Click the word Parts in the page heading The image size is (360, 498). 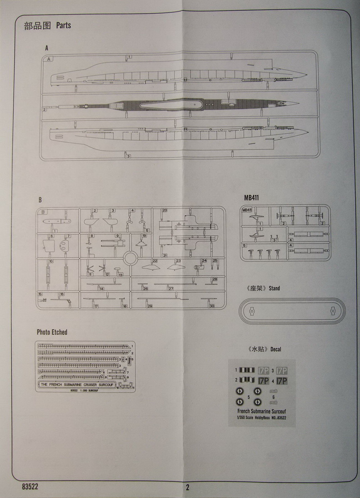pyautogui.click(x=64, y=26)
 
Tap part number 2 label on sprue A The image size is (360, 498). pyautogui.click(x=44, y=110)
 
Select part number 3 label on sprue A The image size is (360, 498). pyautogui.click(x=129, y=156)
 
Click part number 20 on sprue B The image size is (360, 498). pyautogui.click(x=164, y=210)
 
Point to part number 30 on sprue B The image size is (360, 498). pyautogui.click(x=212, y=306)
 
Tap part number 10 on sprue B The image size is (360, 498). pyautogui.click(x=51, y=261)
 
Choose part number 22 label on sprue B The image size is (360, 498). pyautogui.click(x=154, y=261)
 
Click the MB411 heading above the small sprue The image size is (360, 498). pyautogui.click(x=251, y=198)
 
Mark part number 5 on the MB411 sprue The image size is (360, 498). pyautogui.click(x=245, y=245)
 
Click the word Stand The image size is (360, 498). pyautogui.click(x=274, y=288)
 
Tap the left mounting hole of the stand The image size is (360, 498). pyautogui.click(x=252, y=310)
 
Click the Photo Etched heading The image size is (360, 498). pyautogui.click(x=52, y=332)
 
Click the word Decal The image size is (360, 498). pyautogui.click(x=275, y=349)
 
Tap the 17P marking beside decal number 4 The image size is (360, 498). pyautogui.click(x=282, y=380)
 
